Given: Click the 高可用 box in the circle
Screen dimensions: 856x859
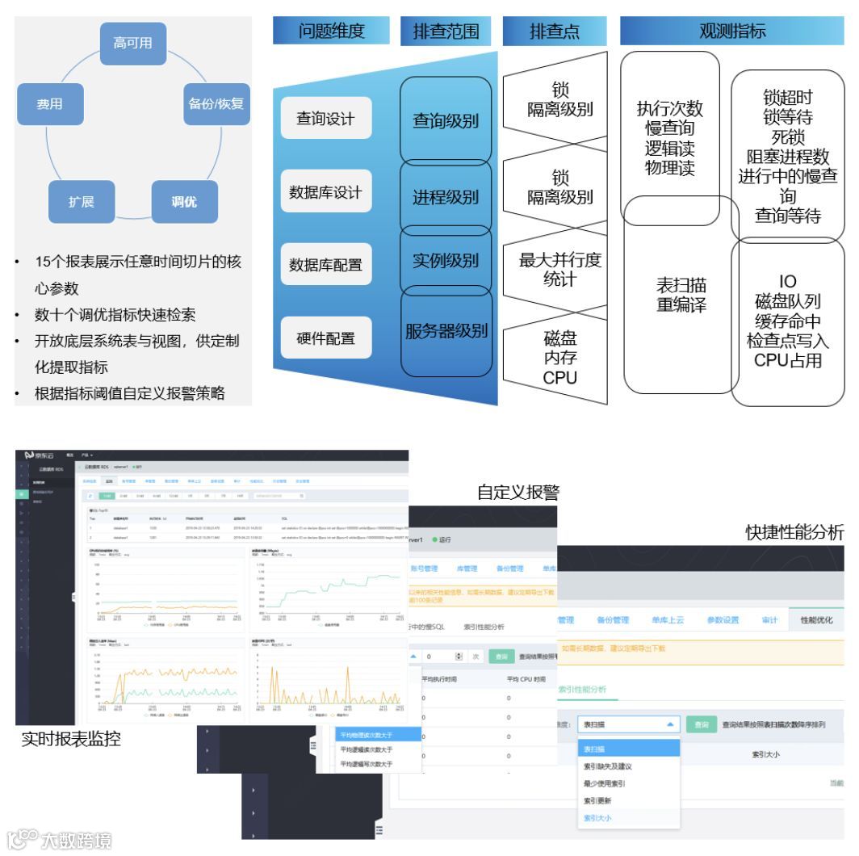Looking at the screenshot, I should point(132,44).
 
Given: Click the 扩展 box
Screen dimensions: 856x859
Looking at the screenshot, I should point(81,201).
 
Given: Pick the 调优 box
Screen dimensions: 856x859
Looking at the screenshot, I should point(184,201).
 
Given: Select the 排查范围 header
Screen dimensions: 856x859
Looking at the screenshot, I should point(446,31).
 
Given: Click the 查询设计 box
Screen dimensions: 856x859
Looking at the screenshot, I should point(325,119).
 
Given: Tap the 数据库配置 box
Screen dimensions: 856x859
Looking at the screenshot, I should point(325,264).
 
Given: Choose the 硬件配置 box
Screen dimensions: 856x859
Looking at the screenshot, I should point(325,338).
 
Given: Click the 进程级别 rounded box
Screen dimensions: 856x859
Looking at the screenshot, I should point(446,197).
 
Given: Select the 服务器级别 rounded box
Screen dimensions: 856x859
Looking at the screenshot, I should point(446,330).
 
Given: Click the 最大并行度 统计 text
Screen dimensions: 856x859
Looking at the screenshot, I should point(559,270).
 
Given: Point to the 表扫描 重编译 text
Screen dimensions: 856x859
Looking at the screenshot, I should point(681,295).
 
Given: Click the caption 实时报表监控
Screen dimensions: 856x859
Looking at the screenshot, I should point(71,738).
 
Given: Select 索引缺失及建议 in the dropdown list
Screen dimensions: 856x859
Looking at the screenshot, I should point(607,766).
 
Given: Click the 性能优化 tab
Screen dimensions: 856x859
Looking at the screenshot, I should point(815,620).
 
